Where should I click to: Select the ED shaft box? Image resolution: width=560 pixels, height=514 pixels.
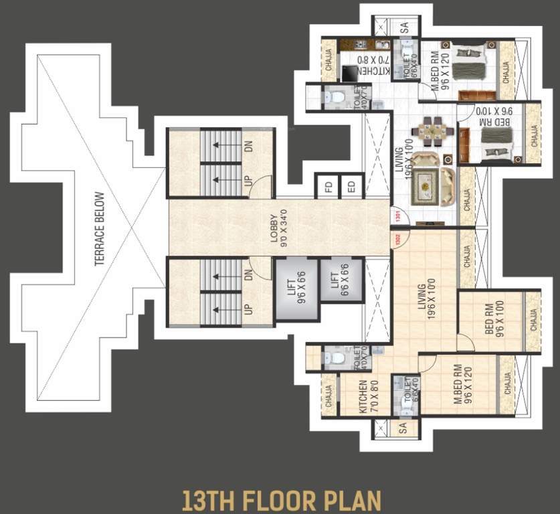[x=351, y=187]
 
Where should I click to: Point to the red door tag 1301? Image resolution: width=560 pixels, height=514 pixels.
[x=399, y=216]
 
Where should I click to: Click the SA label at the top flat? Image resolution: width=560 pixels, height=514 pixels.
[x=404, y=28]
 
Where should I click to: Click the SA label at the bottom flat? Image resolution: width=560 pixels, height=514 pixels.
[x=403, y=428]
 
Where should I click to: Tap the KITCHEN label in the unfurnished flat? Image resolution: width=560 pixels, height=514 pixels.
[x=363, y=398]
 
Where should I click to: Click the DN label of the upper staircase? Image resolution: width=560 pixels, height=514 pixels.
[x=248, y=146]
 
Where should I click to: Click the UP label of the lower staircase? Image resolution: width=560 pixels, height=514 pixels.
[x=248, y=310]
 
